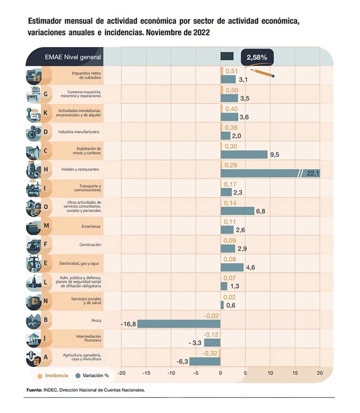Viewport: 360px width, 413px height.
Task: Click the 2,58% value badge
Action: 257,57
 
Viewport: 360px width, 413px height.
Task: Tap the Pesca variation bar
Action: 179,323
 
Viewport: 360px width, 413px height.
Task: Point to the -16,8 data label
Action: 129,324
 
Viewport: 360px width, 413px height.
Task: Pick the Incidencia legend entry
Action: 53,376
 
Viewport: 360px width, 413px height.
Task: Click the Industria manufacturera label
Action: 79,132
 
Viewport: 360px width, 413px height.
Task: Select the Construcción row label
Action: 90,244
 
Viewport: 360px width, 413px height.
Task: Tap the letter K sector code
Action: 45,113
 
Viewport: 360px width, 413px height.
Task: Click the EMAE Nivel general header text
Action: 73,57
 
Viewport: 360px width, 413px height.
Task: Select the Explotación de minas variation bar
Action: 244,154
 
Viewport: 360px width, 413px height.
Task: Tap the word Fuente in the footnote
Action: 34,390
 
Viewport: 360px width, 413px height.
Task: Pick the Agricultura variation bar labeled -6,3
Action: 204,361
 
